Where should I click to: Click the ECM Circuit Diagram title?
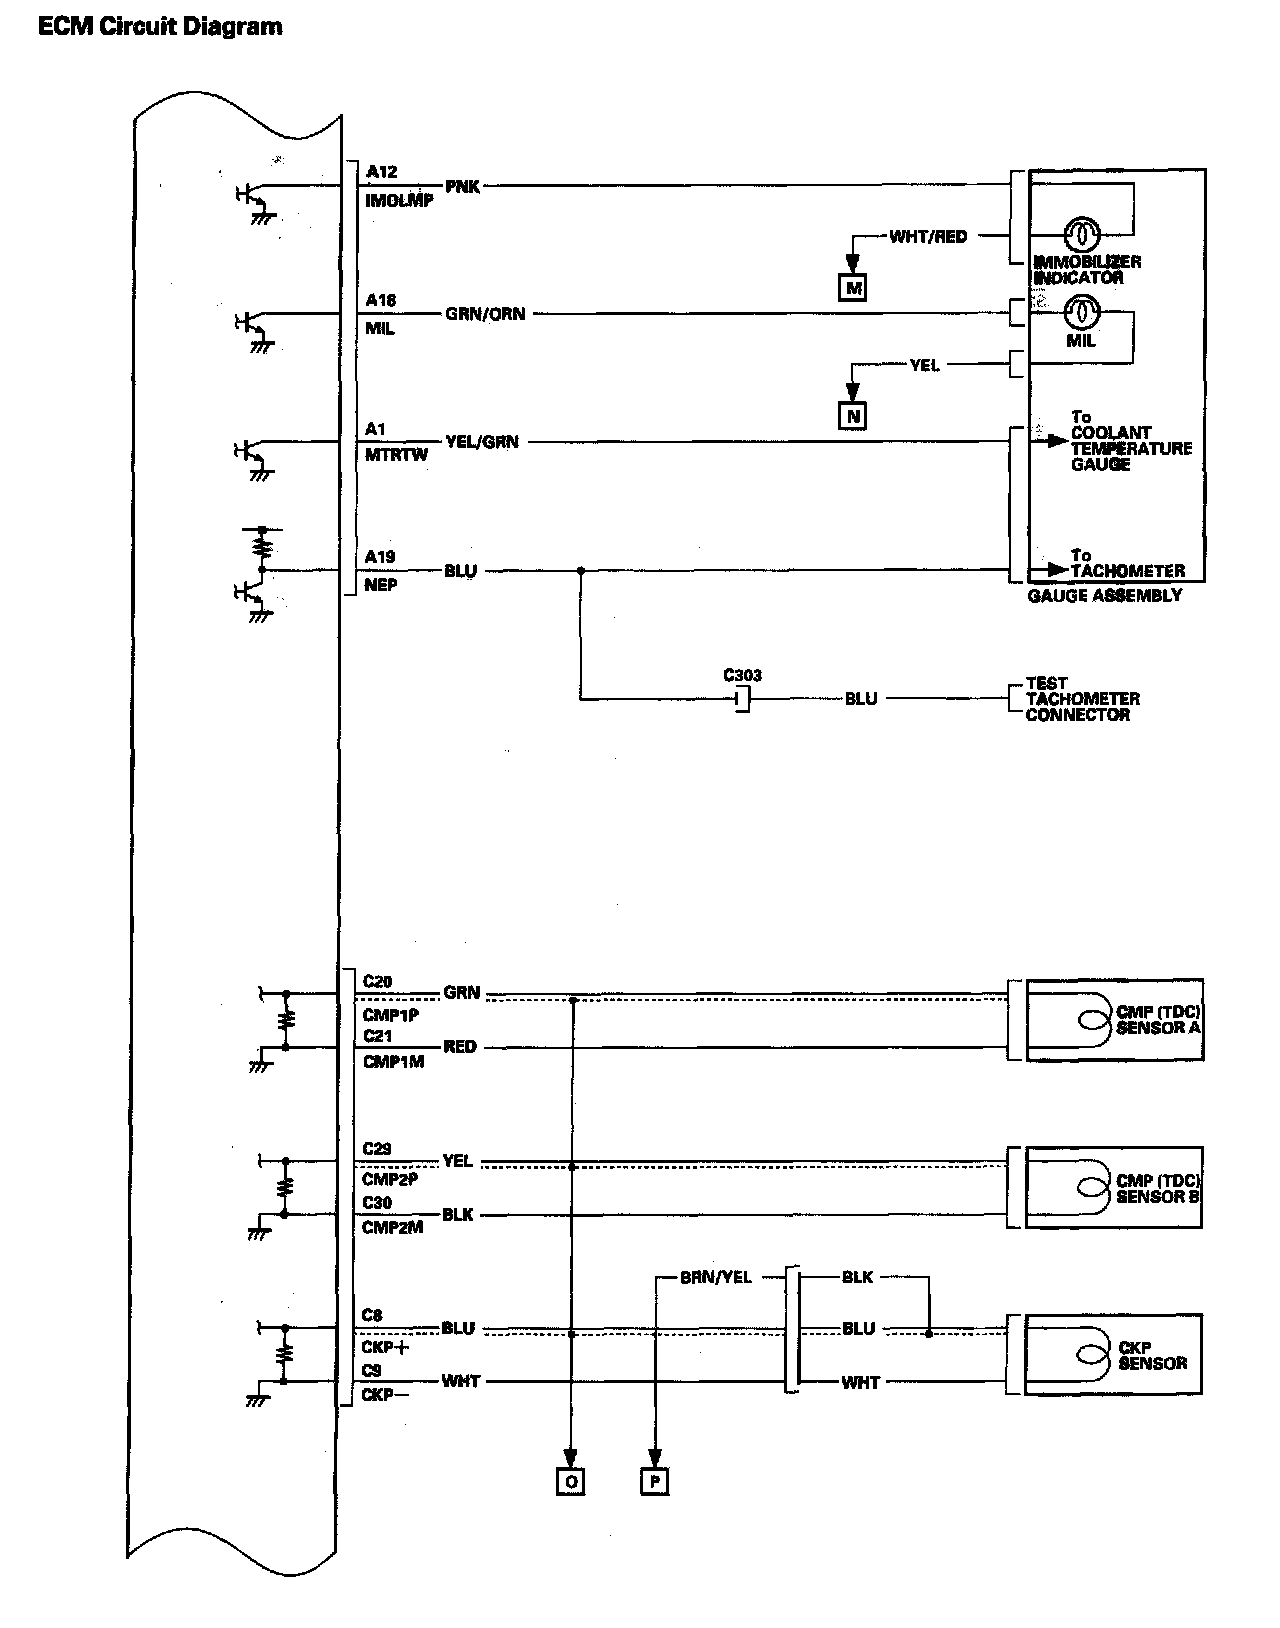pos(160,27)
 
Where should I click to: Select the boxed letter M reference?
pos(853,288)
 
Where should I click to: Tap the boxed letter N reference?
pos(853,415)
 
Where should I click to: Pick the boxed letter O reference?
pos(570,1481)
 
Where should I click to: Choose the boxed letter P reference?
pos(653,1481)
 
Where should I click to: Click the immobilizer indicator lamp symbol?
pos(1082,235)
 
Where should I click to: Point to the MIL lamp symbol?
pos(1082,313)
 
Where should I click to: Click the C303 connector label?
pos(743,676)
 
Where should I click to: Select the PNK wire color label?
pos(462,186)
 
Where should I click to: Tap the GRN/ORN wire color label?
pos(485,314)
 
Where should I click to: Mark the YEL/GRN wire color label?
pos(482,442)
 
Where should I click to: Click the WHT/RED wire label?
pos(928,237)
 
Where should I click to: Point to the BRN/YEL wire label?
pos(715,1277)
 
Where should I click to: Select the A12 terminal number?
pos(381,172)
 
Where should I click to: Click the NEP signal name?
pos(380,585)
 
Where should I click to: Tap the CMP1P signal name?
pos(390,1015)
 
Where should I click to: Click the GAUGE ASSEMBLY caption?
pos(1104,596)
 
